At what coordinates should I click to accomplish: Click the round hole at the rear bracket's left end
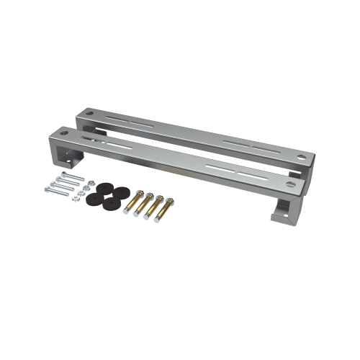[x=89, y=114]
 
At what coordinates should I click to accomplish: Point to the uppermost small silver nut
[x=90, y=179]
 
